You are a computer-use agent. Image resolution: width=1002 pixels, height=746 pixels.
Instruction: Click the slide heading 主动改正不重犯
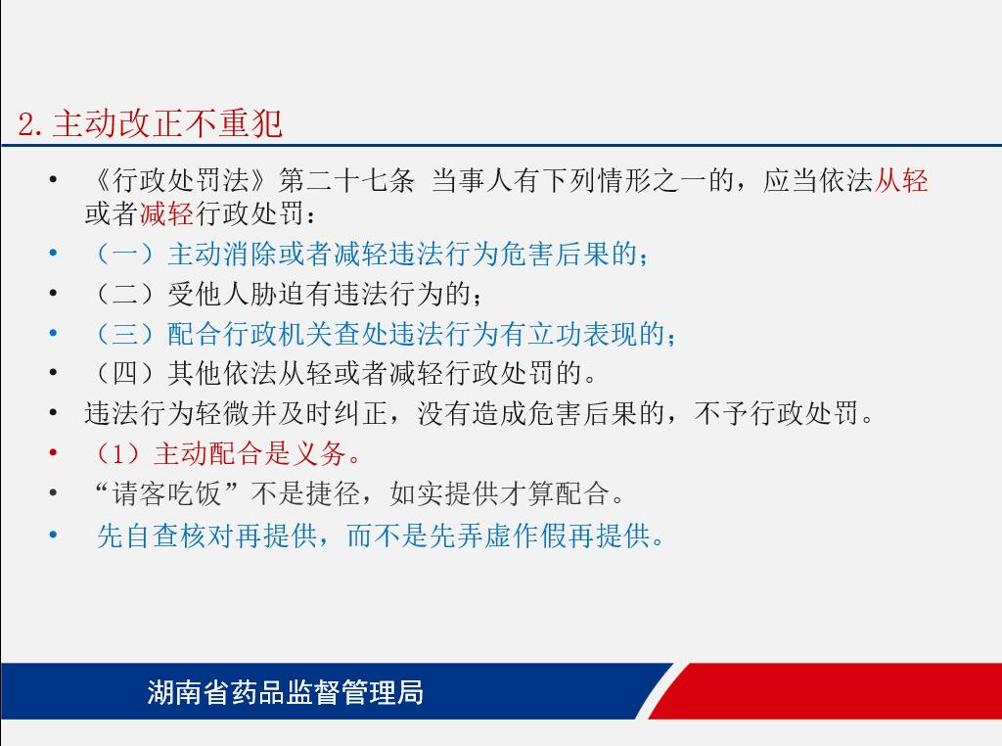(167, 123)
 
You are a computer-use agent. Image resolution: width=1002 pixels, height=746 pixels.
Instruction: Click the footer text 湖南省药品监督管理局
(285, 692)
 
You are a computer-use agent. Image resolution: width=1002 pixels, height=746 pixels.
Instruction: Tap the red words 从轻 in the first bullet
(900, 181)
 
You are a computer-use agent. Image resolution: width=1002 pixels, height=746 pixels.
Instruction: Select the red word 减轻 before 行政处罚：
(166, 213)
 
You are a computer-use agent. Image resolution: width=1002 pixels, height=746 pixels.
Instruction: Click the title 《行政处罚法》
(180, 181)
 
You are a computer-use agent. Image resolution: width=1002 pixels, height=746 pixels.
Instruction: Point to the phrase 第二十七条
(346, 181)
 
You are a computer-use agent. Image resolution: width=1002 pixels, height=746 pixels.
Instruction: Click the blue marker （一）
(125, 254)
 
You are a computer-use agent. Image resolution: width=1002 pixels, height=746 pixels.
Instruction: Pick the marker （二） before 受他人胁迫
(125, 294)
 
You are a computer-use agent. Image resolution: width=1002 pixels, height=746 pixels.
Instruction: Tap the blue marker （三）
(125, 334)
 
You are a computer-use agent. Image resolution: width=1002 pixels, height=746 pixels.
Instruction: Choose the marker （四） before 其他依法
(125, 373)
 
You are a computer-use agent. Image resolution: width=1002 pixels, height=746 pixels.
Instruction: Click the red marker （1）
(118, 454)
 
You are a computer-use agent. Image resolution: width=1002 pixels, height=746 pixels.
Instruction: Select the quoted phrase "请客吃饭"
(166, 493)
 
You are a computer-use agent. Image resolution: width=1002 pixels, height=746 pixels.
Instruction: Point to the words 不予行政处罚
(776, 413)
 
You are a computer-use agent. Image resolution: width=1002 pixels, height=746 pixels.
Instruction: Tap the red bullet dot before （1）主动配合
(54, 452)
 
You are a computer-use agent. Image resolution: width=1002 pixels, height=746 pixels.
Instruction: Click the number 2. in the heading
(30, 123)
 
